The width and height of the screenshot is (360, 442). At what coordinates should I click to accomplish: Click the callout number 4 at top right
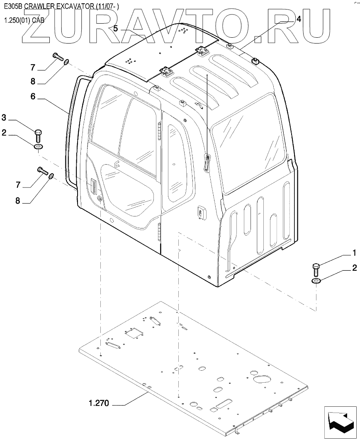pos(299,19)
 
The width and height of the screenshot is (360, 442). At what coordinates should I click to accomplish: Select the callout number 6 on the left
pos(33,96)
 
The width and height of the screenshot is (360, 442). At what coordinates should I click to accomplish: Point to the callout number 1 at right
pos(354,253)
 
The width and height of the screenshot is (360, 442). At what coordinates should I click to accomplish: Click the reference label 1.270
pos(98,403)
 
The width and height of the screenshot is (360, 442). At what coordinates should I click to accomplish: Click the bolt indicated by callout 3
pos(39,135)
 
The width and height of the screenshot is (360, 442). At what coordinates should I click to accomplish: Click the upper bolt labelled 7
pos(58,57)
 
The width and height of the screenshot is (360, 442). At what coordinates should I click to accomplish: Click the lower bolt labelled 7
pos(43,170)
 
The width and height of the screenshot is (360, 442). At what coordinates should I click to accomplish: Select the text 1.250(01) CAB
pos(24,20)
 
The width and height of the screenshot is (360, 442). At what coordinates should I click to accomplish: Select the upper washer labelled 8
pos(66,62)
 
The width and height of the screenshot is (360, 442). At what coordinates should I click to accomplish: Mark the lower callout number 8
pos(17,201)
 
